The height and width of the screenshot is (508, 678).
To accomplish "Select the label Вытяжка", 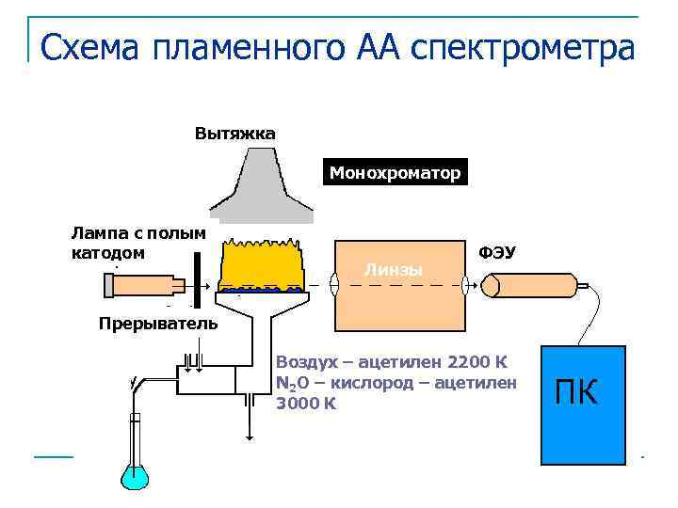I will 234,133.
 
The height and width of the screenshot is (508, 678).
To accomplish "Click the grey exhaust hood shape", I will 262,187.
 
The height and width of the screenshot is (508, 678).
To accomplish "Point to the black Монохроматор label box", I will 395,173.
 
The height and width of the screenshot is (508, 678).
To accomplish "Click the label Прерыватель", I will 157,325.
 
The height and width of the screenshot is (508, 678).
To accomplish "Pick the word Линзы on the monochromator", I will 393,271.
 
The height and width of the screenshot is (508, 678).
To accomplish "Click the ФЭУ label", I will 497,252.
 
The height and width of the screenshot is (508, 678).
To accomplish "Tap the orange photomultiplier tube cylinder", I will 531,285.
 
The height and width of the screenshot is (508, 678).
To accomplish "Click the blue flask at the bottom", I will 135,469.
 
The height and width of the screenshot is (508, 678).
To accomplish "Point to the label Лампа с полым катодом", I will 137,243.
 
